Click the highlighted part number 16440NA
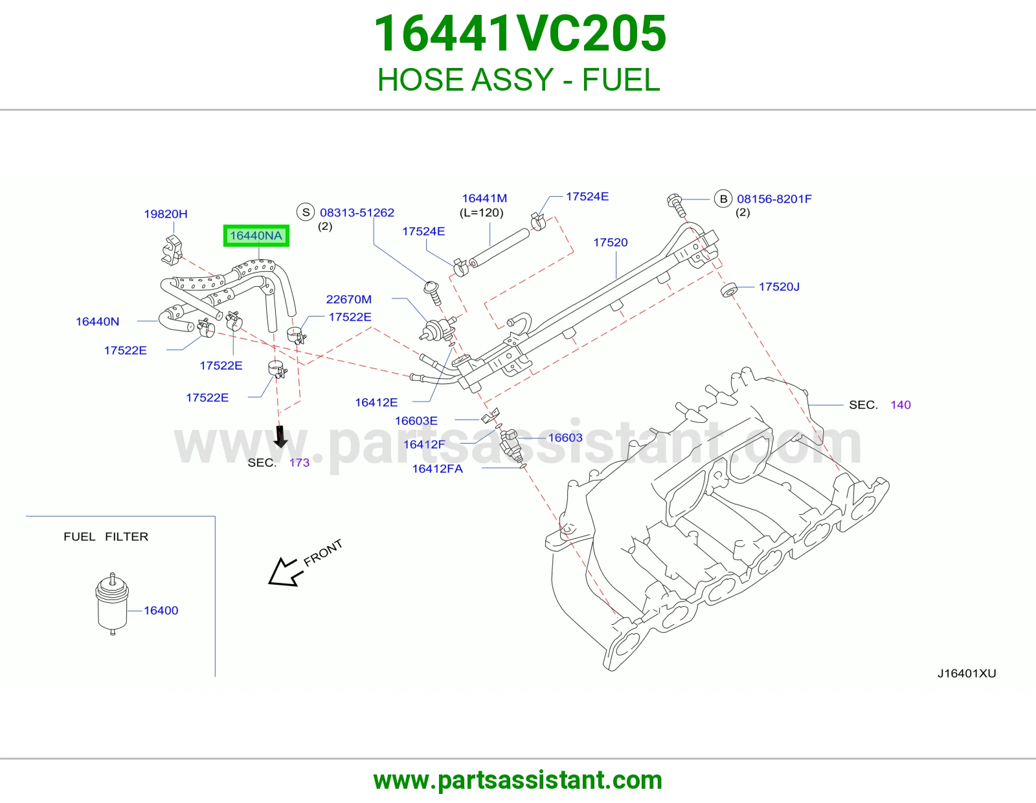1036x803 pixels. coord(256,236)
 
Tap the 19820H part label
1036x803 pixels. coord(165,214)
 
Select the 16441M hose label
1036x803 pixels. coord(484,198)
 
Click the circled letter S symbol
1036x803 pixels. coord(306,212)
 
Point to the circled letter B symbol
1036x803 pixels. coord(723,199)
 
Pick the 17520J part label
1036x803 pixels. coord(779,287)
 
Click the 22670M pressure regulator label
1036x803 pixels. coord(348,299)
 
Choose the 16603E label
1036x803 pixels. coord(416,420)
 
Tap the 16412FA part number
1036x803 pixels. coord(437,469)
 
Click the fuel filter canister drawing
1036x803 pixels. coord(112,604)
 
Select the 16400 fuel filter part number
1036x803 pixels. coord(161,611)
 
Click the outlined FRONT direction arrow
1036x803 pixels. coord(285,572)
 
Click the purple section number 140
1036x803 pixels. coord(901,405)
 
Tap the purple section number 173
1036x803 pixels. coord(299,462)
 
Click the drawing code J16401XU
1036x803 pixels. coord(967,673)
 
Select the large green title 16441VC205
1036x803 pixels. coord(520,34)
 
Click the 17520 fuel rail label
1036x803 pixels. coord(610,242)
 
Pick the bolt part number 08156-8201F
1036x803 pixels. coord(774,199)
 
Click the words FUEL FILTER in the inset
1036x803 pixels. coord(106,536)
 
